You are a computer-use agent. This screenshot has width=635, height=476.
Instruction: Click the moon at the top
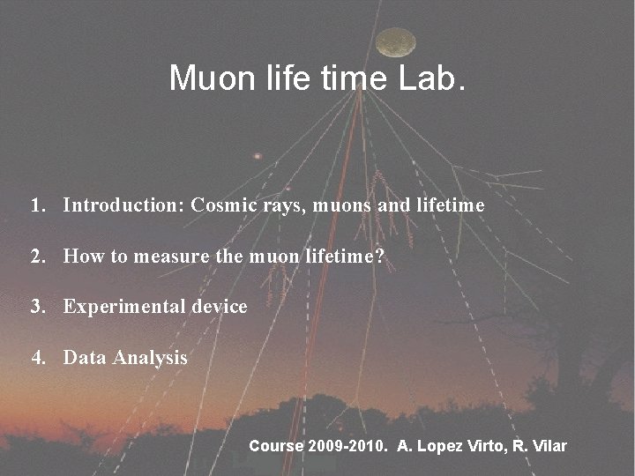396,41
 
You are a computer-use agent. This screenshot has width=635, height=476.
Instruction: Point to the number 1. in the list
38,205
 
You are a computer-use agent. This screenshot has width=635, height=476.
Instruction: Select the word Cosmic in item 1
224,205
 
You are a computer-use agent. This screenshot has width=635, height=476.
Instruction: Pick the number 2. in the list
38,257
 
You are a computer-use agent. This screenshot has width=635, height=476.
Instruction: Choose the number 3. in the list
38,307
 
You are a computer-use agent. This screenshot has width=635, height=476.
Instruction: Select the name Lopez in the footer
437,446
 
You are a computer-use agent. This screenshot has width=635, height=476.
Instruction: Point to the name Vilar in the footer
548,446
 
